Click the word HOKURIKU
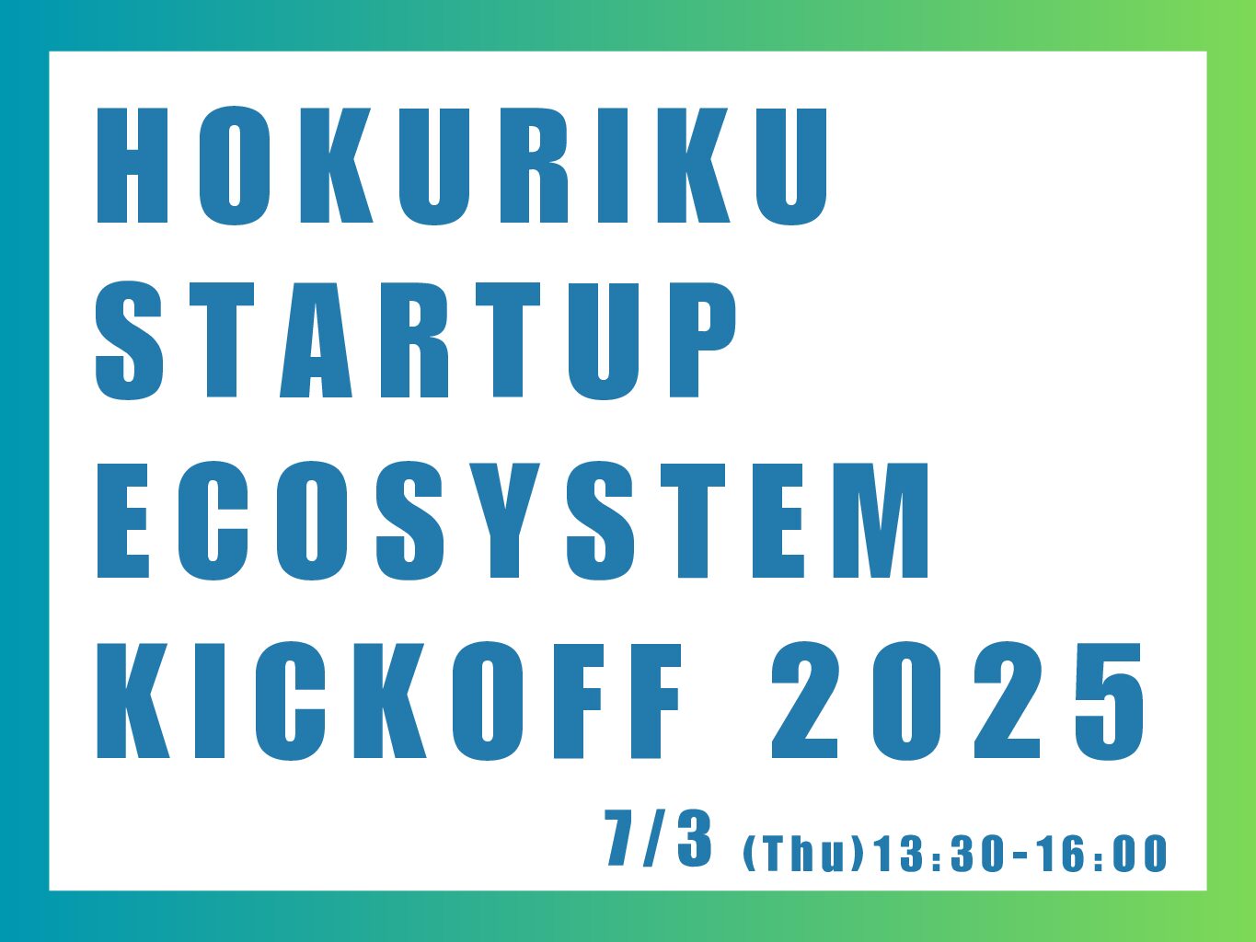tap(462, 166)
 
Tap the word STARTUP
tap(416, 340)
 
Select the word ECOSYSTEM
tap(513, 521)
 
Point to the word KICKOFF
tap(389, 701)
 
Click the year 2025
tap(959, 701)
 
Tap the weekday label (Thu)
tap(802, 855)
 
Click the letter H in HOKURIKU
tap(133, 166)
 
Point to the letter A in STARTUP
tap(316, 340)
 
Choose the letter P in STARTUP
tap(703, 340)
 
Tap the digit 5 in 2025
tap(1110, 702)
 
